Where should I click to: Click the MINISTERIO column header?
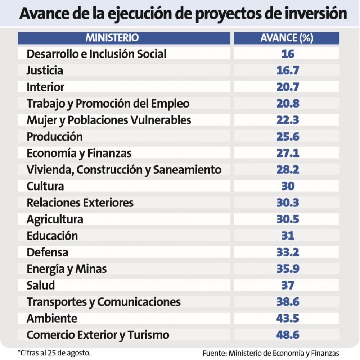112,38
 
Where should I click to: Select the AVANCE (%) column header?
287,38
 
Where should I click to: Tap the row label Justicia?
45,70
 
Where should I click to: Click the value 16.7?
288,70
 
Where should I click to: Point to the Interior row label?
45,87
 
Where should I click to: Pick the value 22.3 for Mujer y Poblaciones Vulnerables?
288,120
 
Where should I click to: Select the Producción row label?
55,137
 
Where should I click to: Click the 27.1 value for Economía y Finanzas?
288,153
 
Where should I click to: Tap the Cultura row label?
45,186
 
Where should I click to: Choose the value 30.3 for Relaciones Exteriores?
288,203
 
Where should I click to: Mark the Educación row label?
52,236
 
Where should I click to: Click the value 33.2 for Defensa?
288,252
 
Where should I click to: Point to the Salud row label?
41,286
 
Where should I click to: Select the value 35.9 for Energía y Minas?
288,269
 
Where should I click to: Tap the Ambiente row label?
52,319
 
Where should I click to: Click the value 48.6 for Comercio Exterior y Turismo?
288,335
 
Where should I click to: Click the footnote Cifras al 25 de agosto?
54,352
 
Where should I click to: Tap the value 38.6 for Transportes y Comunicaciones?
288,302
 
